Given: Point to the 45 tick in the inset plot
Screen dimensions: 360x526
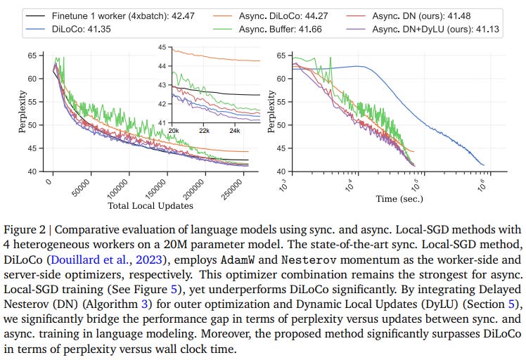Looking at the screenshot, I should pos(164,48).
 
